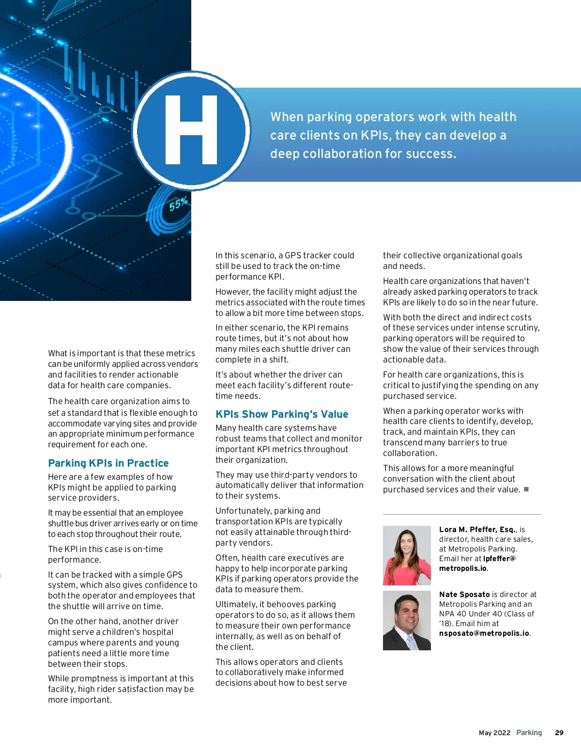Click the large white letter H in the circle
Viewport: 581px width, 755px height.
(191, 130)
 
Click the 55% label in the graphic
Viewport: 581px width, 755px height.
(178, 204)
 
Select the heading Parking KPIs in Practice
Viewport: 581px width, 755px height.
(108, 463)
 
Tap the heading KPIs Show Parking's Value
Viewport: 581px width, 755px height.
(282, 414)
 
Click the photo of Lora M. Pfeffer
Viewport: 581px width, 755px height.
(407, 555)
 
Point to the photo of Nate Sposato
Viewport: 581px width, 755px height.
(407, 620)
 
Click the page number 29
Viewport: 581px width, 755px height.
(559, 733)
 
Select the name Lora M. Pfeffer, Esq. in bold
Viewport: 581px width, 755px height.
(477, 530)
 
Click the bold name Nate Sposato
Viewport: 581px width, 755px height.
(464, 595)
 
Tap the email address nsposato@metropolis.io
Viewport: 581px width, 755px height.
(484, 633)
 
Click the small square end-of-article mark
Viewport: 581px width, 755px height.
(526, 489)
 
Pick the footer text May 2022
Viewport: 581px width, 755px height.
(494, 733)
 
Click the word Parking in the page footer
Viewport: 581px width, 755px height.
(529, 733)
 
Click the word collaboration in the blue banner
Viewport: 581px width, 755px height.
(334, 154)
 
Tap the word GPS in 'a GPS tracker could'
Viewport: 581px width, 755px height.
(293, 255)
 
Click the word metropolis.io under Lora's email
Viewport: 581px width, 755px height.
(463, 568)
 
